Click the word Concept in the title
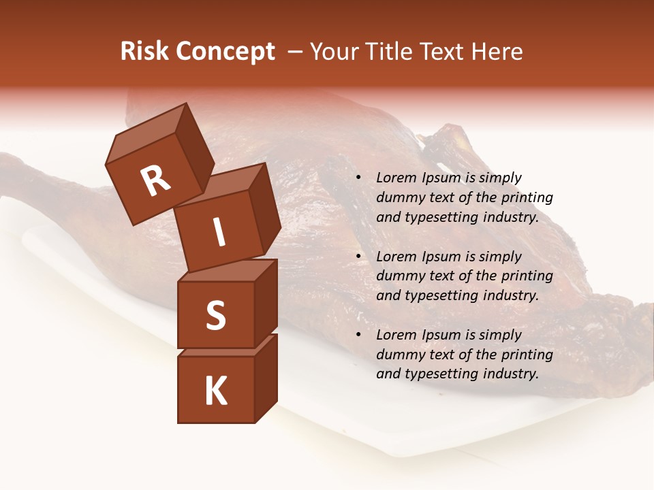pyautogui.click(x=225, y=52)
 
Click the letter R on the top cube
pyautogui.click(x=155, y=180)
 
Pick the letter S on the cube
pyautogui.click(x=215, y=315)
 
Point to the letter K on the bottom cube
pyautogui.click(x=215, y=391)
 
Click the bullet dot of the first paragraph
pyautogui.click(x=358, y=178)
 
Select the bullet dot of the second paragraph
pyautogui.click(x=358, y=257)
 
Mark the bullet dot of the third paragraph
pyautogui.click(x=358, y=336)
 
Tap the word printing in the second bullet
pyautogui.click(x=527, y=276)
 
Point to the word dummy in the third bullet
pyautogui.click(x=399, y=355)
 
